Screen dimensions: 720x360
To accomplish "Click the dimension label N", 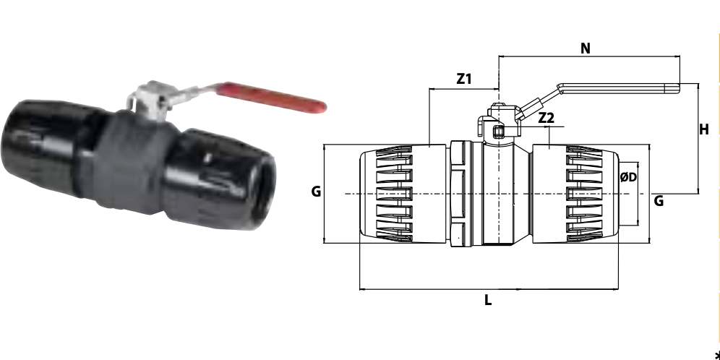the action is point(585,48).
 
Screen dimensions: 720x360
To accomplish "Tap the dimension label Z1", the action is point(464,79).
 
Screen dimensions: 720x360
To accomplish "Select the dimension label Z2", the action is point(546,118).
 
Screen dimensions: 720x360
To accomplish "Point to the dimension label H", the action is point(704,130).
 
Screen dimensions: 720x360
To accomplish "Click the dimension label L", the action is point(488,300).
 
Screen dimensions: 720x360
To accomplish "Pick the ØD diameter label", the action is point(629,177).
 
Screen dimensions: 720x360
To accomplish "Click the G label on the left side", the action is point(316,192).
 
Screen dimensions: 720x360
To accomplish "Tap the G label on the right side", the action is point(659,201).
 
